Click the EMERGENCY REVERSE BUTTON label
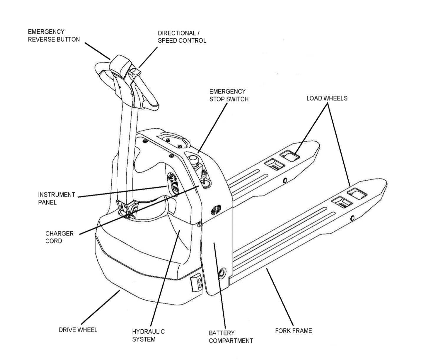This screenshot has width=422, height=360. click(54, 35)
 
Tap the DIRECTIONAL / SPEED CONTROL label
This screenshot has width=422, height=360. click(182, 37)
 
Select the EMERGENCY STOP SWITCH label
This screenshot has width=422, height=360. click(229, 95)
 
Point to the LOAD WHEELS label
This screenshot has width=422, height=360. click(327, 98)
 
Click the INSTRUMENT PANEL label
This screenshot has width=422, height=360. click(57, 198)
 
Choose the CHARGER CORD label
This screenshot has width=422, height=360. click(59, 237)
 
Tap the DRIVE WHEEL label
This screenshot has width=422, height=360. click(78, 330)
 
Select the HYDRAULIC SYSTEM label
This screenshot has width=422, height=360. click(148, 335)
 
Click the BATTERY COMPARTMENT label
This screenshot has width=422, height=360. click(231, 337)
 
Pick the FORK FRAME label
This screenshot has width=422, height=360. click(293, 331)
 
